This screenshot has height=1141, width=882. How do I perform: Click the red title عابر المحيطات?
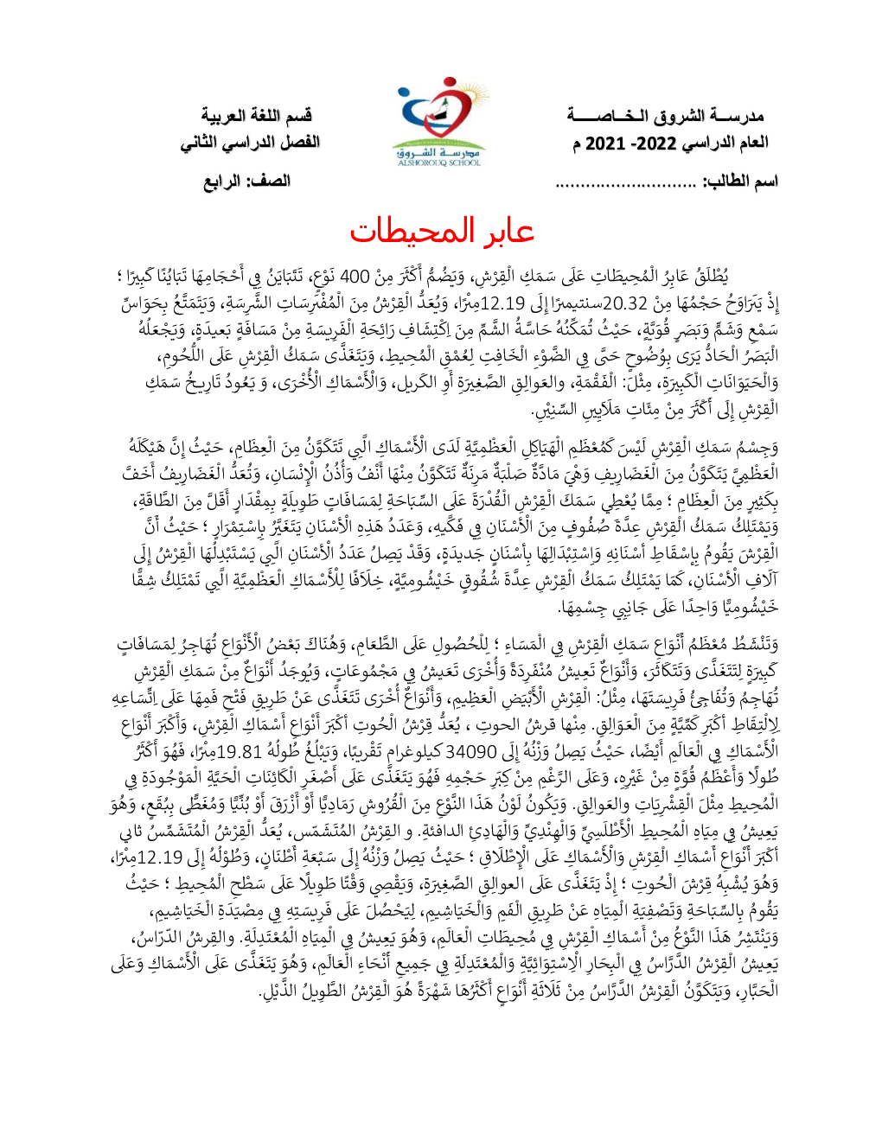[441, 231]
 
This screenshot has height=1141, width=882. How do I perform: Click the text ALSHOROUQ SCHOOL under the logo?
[439, 163]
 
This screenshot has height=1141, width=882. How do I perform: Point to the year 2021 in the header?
[605, 143]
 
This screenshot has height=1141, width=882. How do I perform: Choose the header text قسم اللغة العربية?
[256, 116]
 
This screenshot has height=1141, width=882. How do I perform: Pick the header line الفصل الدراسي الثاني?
[250, 142]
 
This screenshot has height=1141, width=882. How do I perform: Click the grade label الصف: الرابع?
[246, 182]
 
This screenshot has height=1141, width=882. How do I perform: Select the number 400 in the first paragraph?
[355, 277]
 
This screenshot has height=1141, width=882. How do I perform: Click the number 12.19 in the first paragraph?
[502, 303]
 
